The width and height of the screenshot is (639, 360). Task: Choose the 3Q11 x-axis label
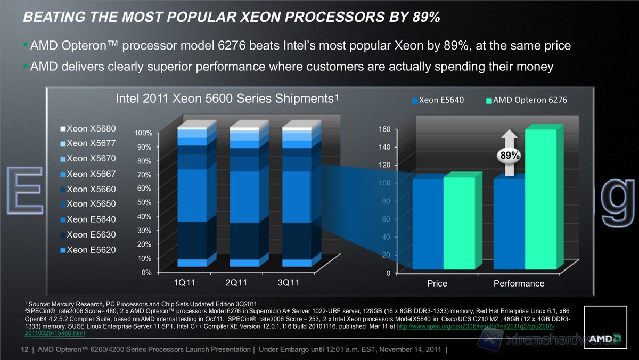coord(288,282)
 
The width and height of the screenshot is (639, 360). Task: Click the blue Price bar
coord(428,224)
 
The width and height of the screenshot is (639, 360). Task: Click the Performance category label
coord(519,283)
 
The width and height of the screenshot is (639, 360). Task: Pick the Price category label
coord(437,283)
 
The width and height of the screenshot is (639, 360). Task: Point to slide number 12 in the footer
coord(24,349)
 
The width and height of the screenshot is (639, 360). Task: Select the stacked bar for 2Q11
coord(244,197)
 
